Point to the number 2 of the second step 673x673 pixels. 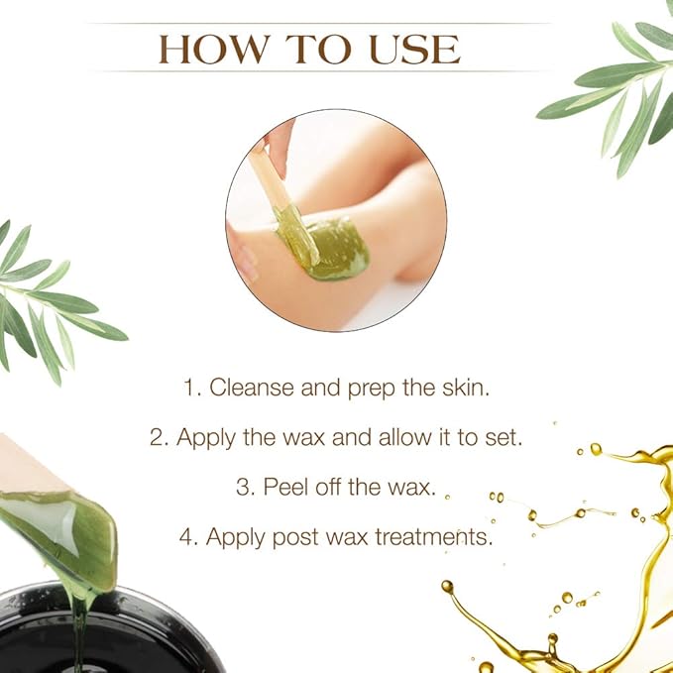point(157,437)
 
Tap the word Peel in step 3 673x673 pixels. point(284,487)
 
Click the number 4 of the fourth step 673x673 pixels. point(185,536)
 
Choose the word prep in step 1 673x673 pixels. point(371,389)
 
